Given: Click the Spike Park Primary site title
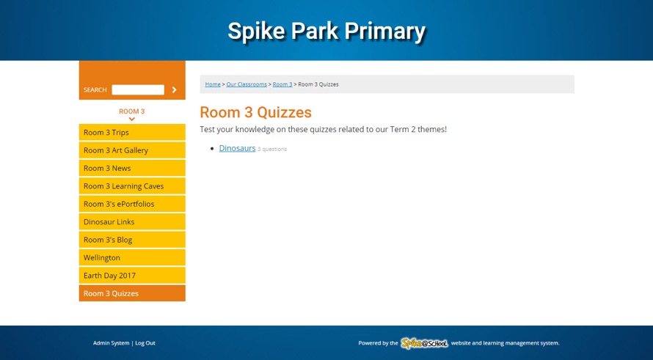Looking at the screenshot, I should (x=326, y=32).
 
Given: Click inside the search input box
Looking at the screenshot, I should (x=138, y=90).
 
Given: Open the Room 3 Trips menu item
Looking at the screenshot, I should (x=132, y=133).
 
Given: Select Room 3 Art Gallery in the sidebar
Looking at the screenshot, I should (x=132, y=150).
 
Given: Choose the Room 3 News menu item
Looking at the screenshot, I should (x=132, y=169).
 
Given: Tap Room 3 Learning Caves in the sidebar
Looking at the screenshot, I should (x=132, y=186).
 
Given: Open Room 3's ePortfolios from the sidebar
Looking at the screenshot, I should (x=132, y=204).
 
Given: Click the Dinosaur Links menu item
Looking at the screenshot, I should (x=132, y=222).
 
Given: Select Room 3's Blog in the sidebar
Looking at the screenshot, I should (x=132, y=240).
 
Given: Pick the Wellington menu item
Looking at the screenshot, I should (x=132, y=258).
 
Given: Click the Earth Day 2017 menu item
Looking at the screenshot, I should (x=132, y=276).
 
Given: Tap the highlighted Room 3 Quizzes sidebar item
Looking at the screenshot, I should (x=132, y=293).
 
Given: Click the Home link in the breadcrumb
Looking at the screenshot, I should (x=213, y=84).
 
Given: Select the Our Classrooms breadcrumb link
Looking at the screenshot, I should (x=247, y=84).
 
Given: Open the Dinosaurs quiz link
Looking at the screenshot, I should (x=237, y=148).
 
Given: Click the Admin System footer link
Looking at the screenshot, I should (x=111, y=343).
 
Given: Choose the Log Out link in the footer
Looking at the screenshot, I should (x=145, y=343).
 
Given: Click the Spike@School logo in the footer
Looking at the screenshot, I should (x=424, y=343).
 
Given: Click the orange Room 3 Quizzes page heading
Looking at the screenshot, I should (x=255, y=113).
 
